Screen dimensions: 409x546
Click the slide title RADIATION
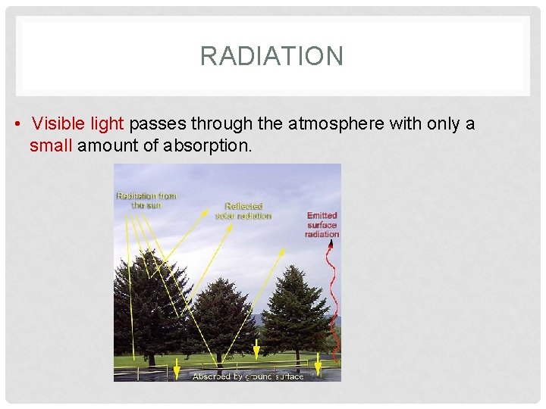coord(271,56)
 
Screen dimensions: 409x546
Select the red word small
coord(51,145)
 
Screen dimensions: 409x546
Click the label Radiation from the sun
coord(146,200)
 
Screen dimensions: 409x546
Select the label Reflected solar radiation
coord(243,211)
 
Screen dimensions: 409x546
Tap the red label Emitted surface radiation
coord(322,225)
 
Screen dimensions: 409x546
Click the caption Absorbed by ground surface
coord(248,376)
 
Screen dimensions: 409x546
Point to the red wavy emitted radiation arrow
coord(331,303)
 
